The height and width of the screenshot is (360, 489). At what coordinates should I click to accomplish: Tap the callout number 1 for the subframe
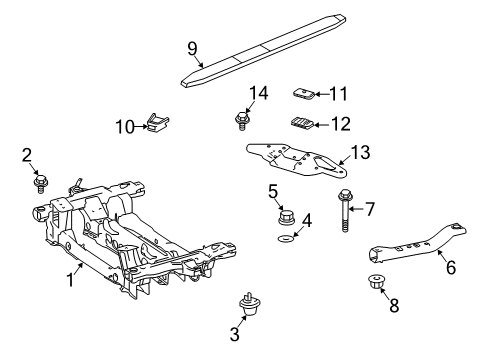(71, 280)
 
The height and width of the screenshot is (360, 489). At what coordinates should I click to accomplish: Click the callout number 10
(125, 126)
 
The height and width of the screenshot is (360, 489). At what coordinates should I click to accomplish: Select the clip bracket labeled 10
(156, 125)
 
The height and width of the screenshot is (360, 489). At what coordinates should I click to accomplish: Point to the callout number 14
(259, 93)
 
